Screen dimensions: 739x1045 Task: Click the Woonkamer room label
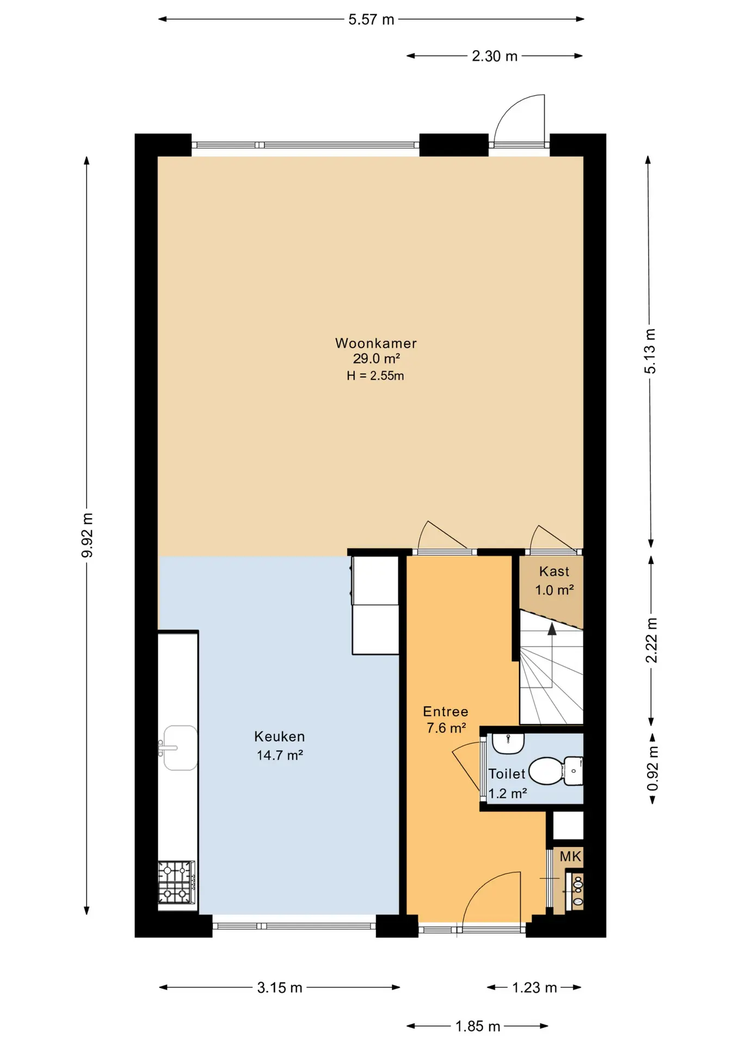[x=375, y=343]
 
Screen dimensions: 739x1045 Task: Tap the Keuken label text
[x=279, y=736]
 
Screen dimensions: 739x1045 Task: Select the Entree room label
[x=446, y=711]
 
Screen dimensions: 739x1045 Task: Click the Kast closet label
[x=554, y=571]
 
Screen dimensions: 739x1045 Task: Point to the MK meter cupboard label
[x=570, y=856]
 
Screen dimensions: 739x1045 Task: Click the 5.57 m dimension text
[x=371, y=20]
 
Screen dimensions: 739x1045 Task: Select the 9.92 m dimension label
[x=87, y=536]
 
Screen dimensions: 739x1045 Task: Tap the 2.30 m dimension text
[x=494, y=56]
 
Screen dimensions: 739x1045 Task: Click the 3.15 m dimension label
[x=280, y=987]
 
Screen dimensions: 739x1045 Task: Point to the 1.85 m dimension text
[x=477, y=1026]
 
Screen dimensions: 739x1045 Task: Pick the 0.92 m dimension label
[x=652, y=768]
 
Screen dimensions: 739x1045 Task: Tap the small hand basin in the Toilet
[x=508, y=743]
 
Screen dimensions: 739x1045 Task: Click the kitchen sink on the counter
[x=178, y=747]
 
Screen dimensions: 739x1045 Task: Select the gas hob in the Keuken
[x=176, y=882]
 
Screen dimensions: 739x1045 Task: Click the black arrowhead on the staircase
[x=552, y=629]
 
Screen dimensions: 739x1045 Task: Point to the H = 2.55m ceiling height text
[x=375, y=376]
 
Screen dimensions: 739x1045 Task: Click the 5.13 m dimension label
[x=650, y=351]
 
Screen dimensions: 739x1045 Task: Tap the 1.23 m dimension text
[x=534, y=987]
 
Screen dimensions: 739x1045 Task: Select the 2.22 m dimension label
[x=651, y=640]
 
